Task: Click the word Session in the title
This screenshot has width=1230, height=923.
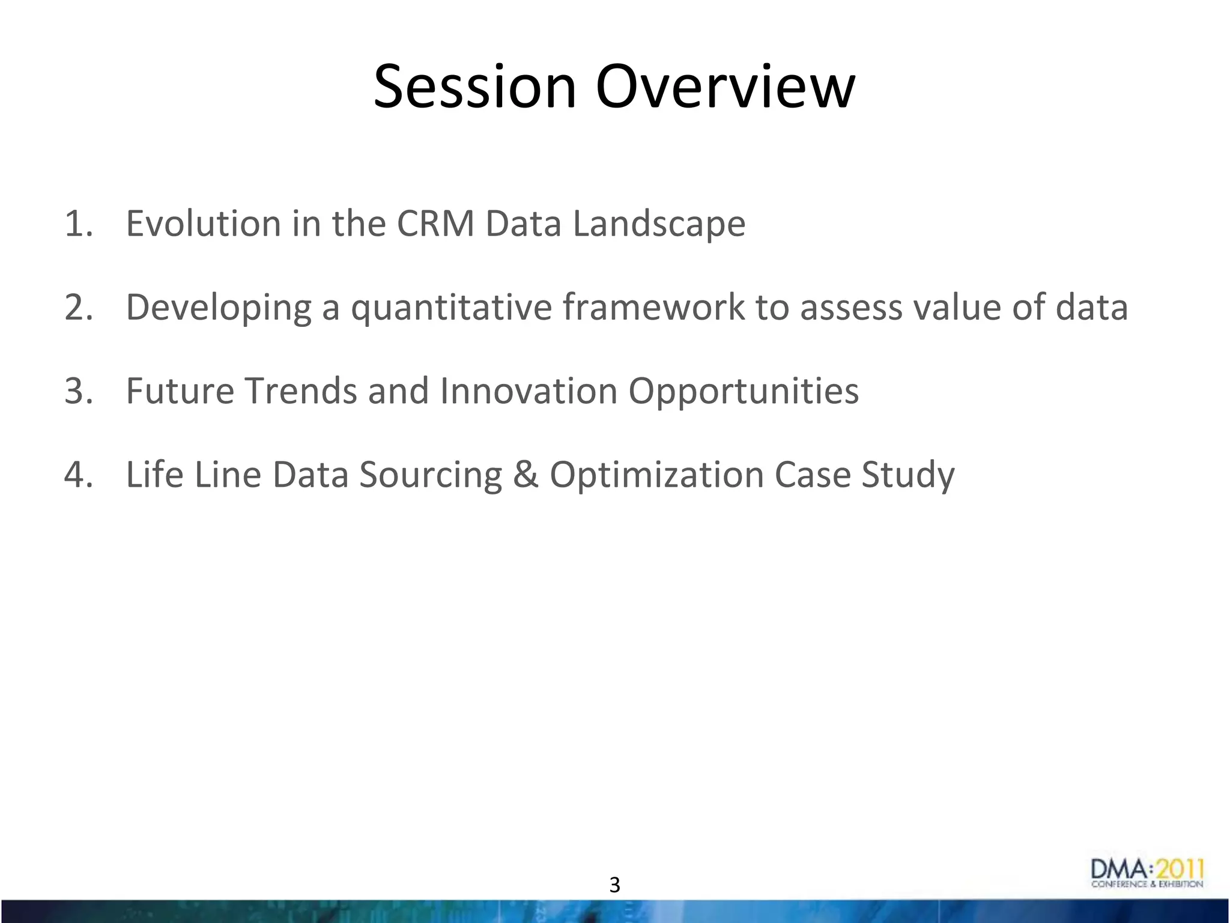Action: tap(474, 87)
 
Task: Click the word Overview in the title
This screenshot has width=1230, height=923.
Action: tap(725, 87)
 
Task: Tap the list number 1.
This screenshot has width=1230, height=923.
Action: tap(79, 224)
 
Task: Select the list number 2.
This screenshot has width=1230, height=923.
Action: tap(79, 307)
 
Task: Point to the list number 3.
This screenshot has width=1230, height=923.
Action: tap(79, 391)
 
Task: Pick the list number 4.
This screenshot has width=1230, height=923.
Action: tap(79, 474)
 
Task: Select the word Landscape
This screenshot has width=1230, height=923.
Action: tap(659, 224)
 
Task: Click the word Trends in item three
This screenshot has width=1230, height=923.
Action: tap(300, 391)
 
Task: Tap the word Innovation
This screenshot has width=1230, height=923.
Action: tap(529, 391)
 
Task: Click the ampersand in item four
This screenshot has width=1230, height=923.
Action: tap(526, 474)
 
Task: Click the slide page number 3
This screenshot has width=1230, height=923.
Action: tap(614, 885)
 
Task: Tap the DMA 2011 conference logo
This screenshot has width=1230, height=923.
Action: tap(1147, 873)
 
